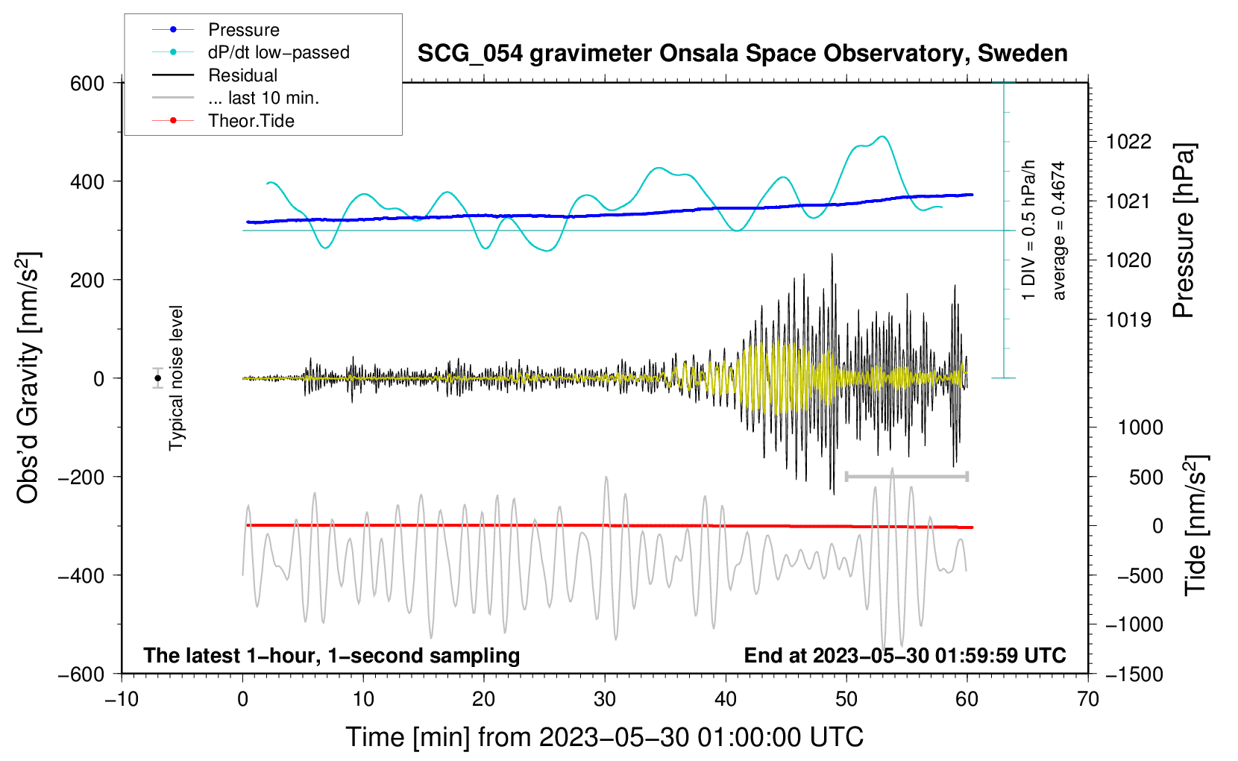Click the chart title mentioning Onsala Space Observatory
pos(742,54)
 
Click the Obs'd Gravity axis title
pos(28,378)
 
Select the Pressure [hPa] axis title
pos(1183,231)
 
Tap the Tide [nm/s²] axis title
pos(1196,525)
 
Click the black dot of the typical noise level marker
pos(158,378)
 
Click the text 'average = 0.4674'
pos(1058,231)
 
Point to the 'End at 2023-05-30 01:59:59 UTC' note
pos(905,655)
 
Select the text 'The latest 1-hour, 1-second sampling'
pos(332,655)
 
